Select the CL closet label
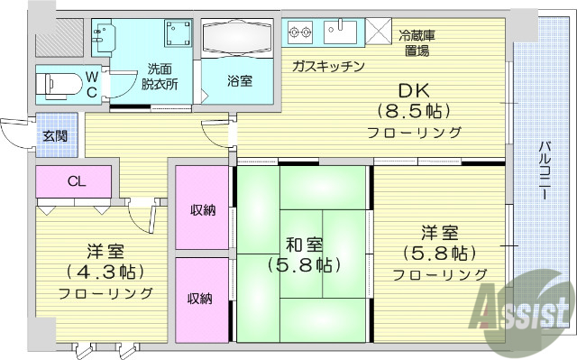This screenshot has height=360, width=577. click(x=76, y=181)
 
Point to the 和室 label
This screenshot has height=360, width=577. click(x=302, y=245)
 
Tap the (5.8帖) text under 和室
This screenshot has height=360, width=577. click(x=303, y=265)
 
